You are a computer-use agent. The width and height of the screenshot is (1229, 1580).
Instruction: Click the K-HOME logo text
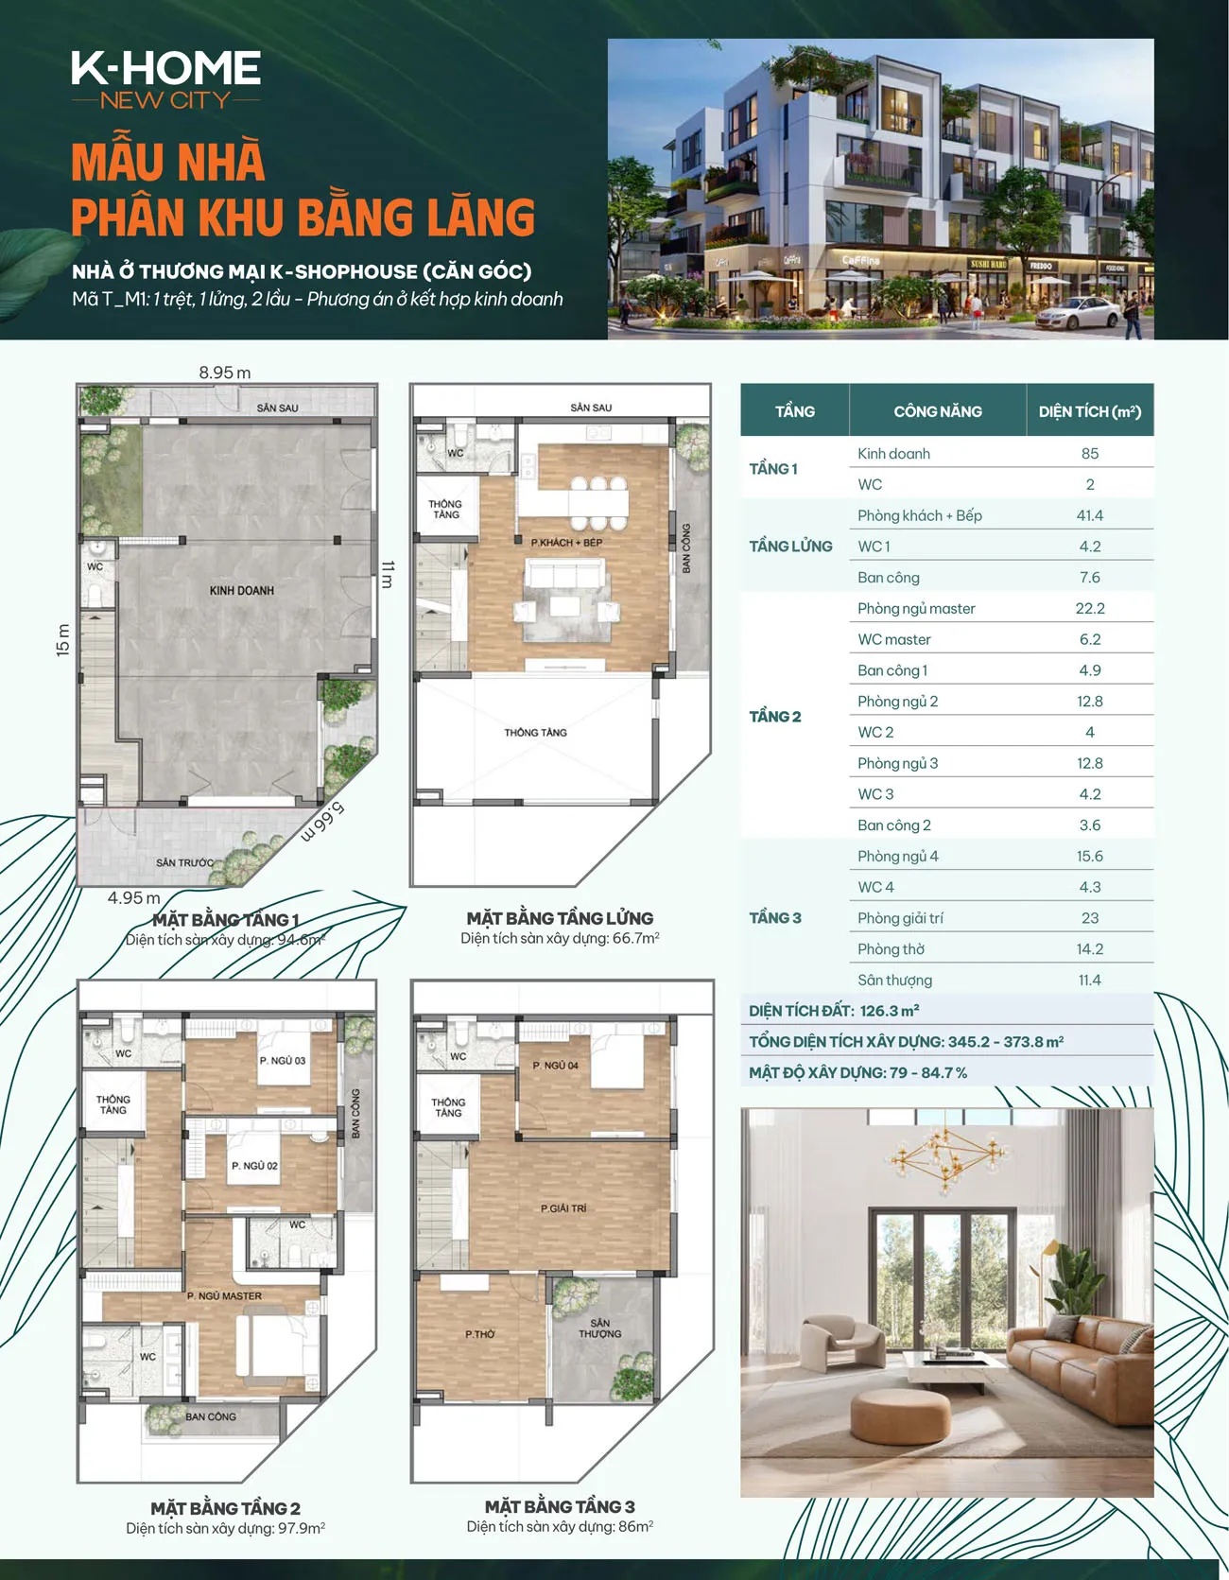pos(165,68)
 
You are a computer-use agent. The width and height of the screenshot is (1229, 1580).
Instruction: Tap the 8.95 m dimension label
pos(225,373)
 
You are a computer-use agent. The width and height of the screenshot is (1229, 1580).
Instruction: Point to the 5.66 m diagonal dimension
pos(323,822)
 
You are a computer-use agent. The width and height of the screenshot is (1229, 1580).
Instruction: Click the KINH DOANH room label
pos(242,591)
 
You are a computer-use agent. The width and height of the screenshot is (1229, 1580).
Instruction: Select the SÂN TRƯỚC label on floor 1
pos(184,862)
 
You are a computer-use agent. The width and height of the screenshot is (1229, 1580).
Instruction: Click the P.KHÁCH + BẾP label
pos(566,543)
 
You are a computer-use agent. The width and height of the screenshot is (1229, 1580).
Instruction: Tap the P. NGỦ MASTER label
pos(224,1296)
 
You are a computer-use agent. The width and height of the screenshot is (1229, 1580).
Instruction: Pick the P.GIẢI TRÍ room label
pos(563,1208)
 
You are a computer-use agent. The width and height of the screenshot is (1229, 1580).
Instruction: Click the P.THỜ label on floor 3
pos(479,1334)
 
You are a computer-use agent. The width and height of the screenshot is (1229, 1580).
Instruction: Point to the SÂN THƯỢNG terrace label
pos(599,1328)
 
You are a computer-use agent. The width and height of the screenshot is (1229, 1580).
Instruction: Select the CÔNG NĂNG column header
pos(938,411)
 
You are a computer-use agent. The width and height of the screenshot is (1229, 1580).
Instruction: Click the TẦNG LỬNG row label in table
pos(790,547)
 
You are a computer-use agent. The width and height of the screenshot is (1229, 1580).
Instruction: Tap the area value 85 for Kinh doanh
pos(1090,454)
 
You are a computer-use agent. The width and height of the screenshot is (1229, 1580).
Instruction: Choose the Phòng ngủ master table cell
pos(916,609)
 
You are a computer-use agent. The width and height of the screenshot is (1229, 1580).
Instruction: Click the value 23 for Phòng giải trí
pos(1090,918)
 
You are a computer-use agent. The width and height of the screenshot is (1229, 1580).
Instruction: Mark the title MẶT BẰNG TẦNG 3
pos(560,1506)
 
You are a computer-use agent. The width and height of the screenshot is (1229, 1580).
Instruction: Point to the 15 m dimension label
pos(62,640)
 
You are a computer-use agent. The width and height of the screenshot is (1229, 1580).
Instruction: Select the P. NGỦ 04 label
pos(555,1066)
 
